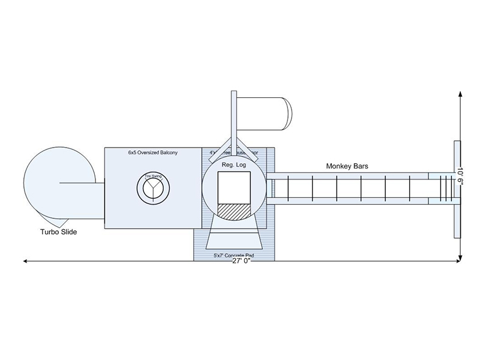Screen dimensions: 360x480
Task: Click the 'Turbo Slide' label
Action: tap(58, 231)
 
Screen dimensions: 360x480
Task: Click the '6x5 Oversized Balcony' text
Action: tap(152, 154)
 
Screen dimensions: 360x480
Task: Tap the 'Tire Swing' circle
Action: tap(153, 187)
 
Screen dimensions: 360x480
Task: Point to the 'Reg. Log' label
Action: tap(233, 164)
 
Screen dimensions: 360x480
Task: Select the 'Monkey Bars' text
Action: tap(347, 165)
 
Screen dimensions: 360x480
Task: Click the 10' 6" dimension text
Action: tap(460, 176)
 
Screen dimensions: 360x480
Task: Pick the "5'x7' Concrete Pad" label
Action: tap(233, 256)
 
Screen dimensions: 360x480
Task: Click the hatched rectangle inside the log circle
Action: tap(233, 212)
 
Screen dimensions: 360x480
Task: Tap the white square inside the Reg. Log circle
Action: tap(233, 188)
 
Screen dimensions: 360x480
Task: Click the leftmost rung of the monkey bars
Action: tap(287, 188)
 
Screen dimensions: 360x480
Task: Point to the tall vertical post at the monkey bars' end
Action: tap(457, 188)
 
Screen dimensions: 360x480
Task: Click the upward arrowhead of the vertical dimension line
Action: tap(460, 95)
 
